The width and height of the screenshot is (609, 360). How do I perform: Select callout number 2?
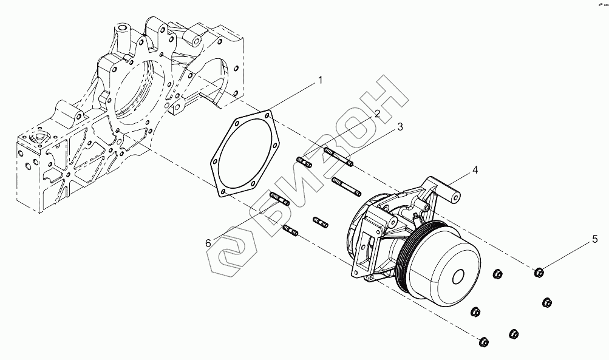coord(377,114)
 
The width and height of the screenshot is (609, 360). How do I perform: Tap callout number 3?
coord(400,126)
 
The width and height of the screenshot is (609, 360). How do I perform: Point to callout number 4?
coord(475,170)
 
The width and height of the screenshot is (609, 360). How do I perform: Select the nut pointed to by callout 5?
coord(539,271)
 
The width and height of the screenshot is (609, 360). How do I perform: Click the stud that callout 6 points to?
coord(279,198)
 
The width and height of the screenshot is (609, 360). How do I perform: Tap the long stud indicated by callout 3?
coord(338,156)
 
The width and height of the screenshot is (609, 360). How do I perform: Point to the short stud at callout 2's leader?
coord(304,162)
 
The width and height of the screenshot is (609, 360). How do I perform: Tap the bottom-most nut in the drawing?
coord(484,342)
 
